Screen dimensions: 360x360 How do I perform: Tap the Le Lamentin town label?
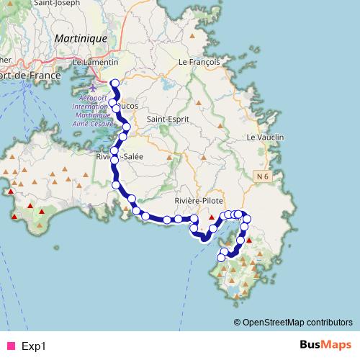[x=96, y=63]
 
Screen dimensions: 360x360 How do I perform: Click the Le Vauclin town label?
[x=265, y=137]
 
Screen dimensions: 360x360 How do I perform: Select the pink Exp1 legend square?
[x=10, y=346]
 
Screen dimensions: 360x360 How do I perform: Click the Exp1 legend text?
[x=34, y=346]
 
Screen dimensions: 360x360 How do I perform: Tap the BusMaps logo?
[x=325, y=345]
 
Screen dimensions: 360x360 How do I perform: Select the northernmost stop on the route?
[x=114, y=84]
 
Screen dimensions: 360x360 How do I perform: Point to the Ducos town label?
[x=128, y=105]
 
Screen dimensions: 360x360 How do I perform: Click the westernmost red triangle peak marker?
[x=10, y=192]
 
